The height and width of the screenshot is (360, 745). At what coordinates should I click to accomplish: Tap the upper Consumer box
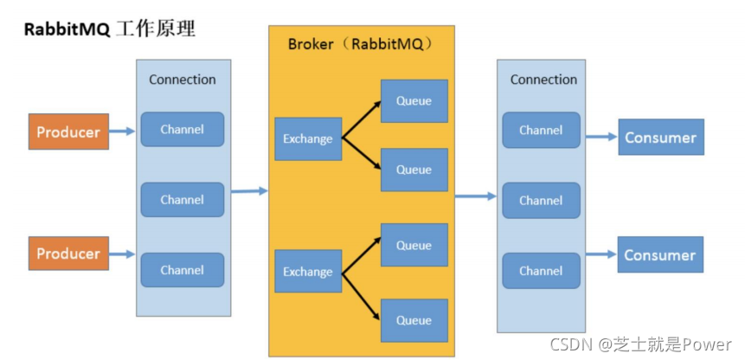tap(660, 138)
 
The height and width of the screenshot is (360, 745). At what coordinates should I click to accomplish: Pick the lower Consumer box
tap(660, 255)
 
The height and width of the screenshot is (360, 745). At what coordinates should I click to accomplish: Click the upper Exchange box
tap(308, 138)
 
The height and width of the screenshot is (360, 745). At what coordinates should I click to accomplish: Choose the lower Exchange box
tap(308, 273)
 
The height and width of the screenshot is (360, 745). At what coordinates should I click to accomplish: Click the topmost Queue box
tap(414, 101)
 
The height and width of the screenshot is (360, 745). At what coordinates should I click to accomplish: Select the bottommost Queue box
tap(414, 320)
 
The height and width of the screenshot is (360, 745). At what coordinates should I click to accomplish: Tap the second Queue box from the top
tap(414, 170)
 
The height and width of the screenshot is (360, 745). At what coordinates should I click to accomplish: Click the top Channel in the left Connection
tap(183, 129)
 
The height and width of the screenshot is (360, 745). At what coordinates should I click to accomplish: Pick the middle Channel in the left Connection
tap(183, 200)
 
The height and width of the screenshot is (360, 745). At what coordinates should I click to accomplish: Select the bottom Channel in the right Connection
tap(541, 271)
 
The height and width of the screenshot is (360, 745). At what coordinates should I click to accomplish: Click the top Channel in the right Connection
tap(541, 130)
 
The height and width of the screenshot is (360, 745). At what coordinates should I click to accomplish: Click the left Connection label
tap(183, 80)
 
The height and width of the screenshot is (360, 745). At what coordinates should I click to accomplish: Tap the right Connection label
tap(543, 80)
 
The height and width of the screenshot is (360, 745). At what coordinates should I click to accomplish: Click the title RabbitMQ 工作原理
tap(109, 29)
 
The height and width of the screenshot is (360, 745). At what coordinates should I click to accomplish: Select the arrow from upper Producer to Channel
tap(123, 132)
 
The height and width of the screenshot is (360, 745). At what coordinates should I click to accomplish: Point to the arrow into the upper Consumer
tap(600, 137)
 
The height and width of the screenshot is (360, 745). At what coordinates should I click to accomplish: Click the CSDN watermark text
tap(641, 344)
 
